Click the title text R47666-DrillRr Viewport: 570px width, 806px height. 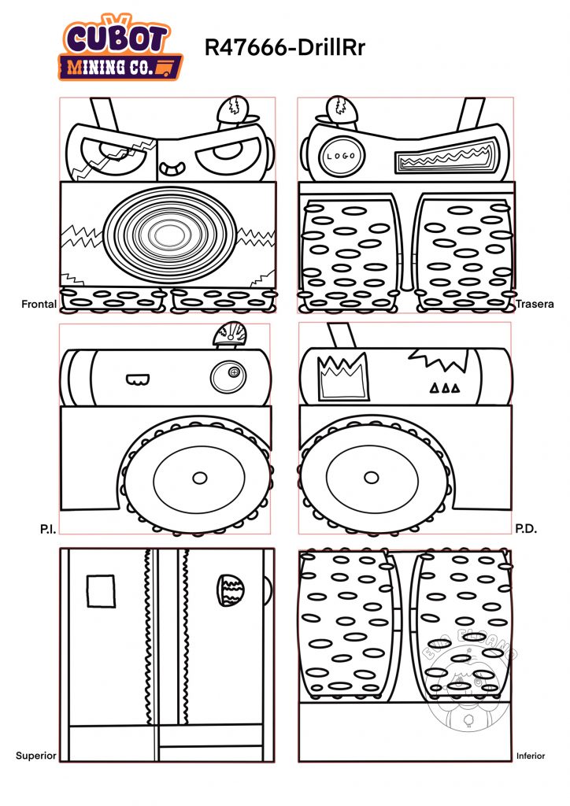(x=284, y=48)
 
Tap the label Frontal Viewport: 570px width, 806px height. (x=39, y=303)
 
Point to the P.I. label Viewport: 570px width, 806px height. (x=47, y=530)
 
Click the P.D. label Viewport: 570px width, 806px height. (x=525, y=530)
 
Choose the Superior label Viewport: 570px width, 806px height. (x=36, y=756)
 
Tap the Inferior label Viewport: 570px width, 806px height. (x=531, y=756)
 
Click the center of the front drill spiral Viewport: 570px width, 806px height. (x=167, y=233)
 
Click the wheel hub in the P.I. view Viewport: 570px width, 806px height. (x=199, y=478)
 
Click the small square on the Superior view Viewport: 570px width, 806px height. (x=100, y=591)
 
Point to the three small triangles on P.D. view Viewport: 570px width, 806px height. (x=444, y=388)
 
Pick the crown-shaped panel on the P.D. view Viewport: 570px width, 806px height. (x=342, y=376)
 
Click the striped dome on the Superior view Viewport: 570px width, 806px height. (x=232, y=590)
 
